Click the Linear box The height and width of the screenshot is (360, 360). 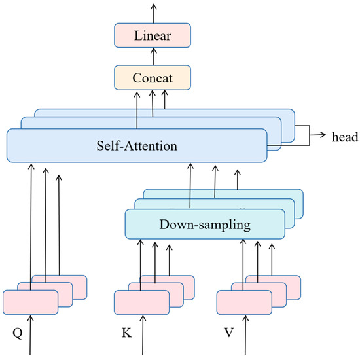coord(153,35)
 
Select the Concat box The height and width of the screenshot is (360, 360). coord(153,77)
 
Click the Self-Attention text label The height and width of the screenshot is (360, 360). coord(137,145)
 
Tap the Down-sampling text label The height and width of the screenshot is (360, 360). coord(205,225)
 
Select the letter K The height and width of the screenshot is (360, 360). coord(126,332)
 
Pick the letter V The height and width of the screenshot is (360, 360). coord(229,332)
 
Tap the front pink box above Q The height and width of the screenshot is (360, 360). coord(30,301)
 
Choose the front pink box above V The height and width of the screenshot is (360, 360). coord(244,301)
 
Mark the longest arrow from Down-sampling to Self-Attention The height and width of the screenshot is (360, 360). coord(190,187)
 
